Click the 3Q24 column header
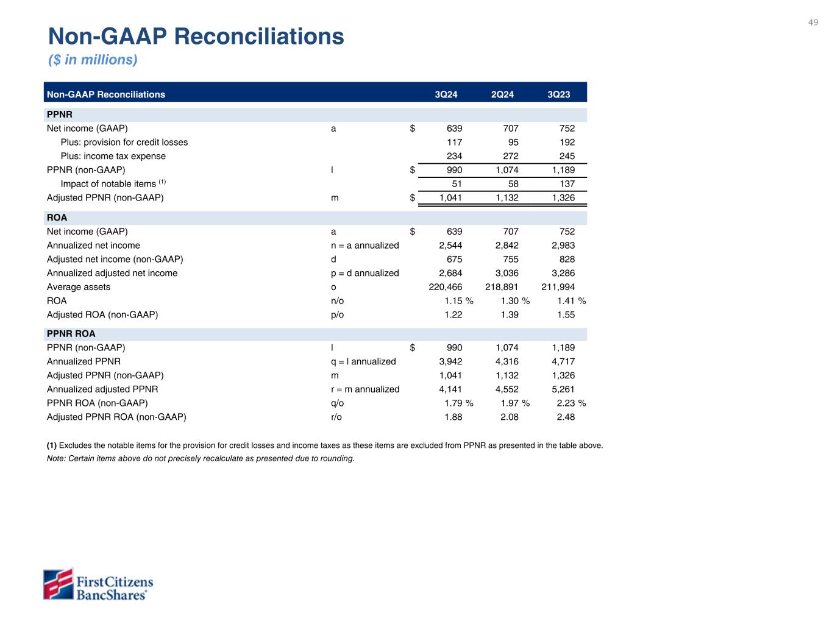tap(446, 94)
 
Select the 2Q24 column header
tap(502, 94)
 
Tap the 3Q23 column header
tap(558, 94)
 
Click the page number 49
tap(813, 23)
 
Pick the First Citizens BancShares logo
tap(98, 584)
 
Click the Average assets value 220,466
tap(446, 287)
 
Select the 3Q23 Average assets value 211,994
tap(558, 287)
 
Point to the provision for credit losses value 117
tap(454, 142)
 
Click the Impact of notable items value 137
tap(567, 184)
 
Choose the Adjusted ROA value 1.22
tap(453, 314)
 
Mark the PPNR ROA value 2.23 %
tap(571, 403)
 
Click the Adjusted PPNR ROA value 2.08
tap(509, 417)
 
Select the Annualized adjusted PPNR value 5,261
tap(563, 389)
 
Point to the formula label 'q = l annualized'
tap(363, 361)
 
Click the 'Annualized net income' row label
tap(93, 245)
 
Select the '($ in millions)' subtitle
tap(93, 60)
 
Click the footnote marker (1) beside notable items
tap(163, 182)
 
